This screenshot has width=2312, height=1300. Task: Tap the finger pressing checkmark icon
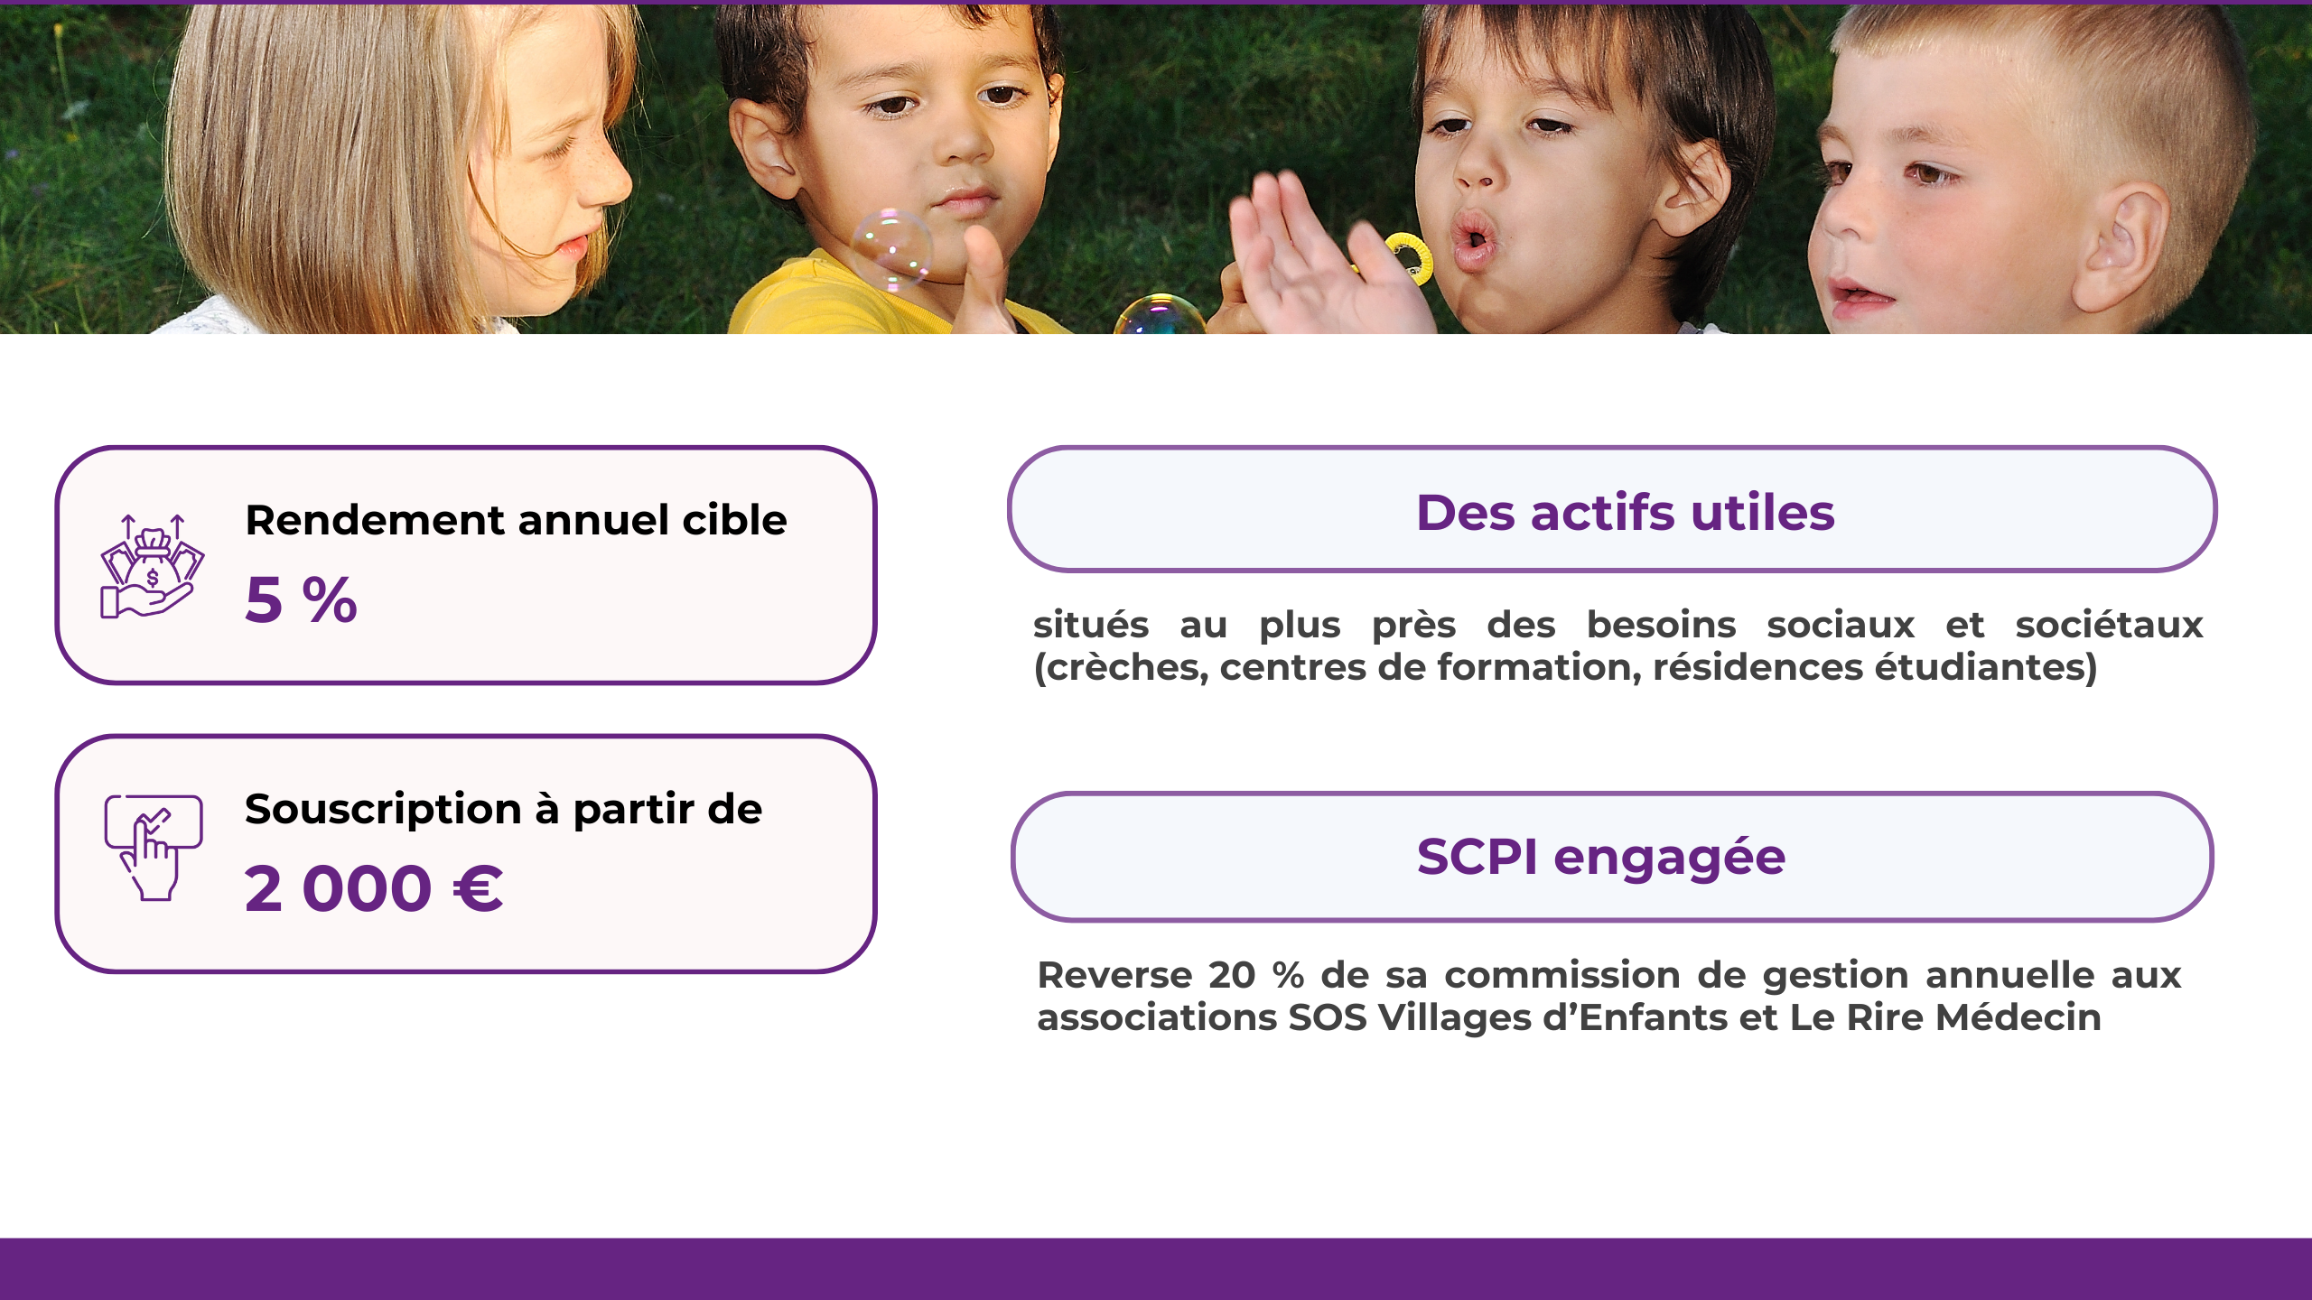153,847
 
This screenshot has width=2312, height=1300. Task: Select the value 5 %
301,599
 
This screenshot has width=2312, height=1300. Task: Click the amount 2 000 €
373,889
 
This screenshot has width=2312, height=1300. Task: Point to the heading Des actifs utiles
1625,513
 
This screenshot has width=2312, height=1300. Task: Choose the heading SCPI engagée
1600,857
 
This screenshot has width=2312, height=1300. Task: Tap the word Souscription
383,810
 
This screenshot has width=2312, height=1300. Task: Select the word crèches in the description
1123,668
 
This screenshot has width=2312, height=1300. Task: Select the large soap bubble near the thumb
890,250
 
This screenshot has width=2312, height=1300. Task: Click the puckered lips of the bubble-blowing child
1473,239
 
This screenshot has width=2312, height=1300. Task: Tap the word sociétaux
2109,626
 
